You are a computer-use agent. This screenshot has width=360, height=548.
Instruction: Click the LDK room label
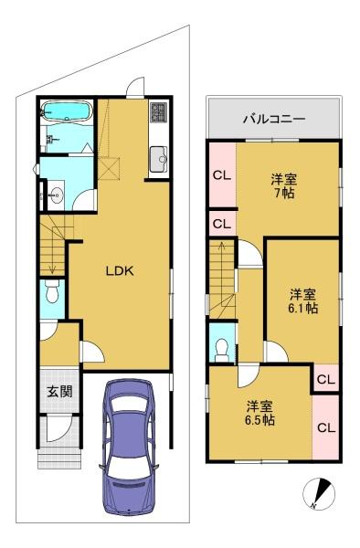[x=120, y=271]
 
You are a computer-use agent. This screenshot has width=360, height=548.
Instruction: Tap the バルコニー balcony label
[x=274, y=119]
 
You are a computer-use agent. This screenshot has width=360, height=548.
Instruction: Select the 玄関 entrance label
[x=59, y=392]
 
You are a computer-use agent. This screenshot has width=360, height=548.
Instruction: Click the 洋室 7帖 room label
[x=284, y=186]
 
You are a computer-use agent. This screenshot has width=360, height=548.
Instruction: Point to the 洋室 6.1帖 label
[x=302, y=301]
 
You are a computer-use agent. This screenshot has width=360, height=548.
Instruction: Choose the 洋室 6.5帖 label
[x=259, y=413]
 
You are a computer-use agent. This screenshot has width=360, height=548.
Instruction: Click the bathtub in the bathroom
[x=66, y=111]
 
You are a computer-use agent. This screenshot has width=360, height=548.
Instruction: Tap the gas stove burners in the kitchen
[x=159, y=111]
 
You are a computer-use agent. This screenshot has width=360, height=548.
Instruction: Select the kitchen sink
[x=159, y=159]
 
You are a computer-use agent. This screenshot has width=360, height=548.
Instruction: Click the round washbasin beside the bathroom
[x=56, y=195]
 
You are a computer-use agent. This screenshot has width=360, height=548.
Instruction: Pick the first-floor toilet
[x=53, y=292]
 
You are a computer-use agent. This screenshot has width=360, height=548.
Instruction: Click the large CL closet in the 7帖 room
[x=223, y=174]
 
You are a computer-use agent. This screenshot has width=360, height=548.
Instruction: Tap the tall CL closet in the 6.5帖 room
[x=326, y=427]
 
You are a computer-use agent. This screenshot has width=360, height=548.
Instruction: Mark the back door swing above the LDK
[x=135, y=87]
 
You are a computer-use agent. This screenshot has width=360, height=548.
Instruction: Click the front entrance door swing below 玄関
[x=59, y=429]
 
